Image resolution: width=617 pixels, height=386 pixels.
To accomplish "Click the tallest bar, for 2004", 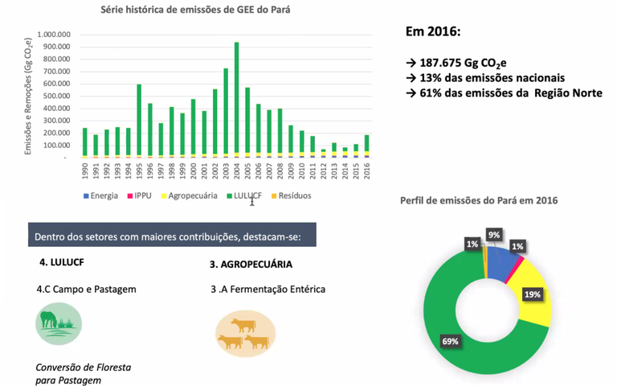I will pos(236,96).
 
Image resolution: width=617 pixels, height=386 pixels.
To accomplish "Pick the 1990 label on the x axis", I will pos(84,171).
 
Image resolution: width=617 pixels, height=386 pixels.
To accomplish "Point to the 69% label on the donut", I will pos(450,341).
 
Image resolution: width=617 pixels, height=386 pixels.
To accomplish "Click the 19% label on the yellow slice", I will pos(532,294).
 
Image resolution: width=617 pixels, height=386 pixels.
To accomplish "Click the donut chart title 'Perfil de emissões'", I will pos(479,199).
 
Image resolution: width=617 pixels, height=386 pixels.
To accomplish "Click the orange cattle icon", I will pos(245,333).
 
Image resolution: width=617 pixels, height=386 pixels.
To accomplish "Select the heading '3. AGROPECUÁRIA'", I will pos(251,264).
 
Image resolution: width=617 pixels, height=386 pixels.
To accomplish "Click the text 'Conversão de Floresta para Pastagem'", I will pos(83,373).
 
